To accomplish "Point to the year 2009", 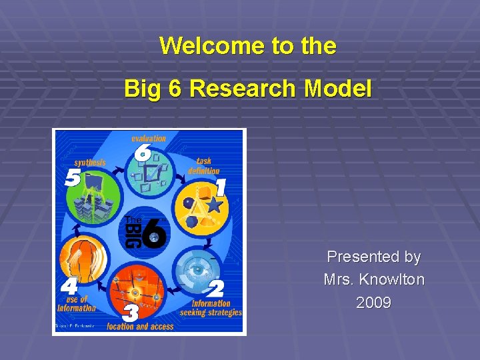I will tap(373, 303).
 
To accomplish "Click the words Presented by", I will tap(373, 257).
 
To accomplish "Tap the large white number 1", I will tap(220, 187).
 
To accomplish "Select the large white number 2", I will tap(215, 289).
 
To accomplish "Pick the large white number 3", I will tap(131, 311).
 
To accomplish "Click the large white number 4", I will tap(69, 287).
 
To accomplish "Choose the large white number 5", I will tap(72, 178).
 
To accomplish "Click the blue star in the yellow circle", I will tap(213, 205).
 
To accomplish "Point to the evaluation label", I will tap(149, 139).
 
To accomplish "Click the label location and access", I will tap(140, 327).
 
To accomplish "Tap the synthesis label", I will tap(90, 162).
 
